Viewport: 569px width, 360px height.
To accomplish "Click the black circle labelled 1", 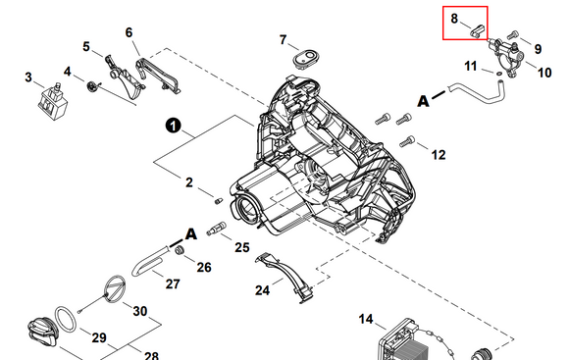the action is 173,126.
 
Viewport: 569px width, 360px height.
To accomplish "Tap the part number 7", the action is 284,39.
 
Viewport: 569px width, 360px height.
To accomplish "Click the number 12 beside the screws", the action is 439,155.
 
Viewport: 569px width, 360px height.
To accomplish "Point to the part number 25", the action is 242,247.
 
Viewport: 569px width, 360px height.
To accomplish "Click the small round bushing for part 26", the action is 179,250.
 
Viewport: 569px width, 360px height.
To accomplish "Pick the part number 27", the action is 173,283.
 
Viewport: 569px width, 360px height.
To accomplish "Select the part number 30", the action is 140,311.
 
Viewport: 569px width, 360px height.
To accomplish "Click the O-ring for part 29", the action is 66,320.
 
